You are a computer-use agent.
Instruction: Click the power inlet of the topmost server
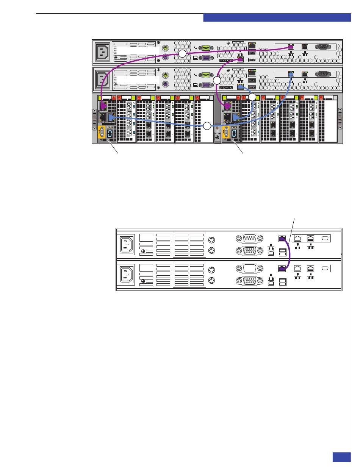click(x=103, y=52)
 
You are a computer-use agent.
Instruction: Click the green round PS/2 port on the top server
click(x=165, y=48)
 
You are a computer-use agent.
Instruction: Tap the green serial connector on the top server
click(x=206, y=48)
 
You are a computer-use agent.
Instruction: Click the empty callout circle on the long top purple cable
click(x=182, y=54)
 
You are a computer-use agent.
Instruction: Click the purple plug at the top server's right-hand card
click(x=291, y=47)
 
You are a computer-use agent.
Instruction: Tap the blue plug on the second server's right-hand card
click(x=291, y=75)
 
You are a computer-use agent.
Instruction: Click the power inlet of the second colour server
click(x=103, y=80)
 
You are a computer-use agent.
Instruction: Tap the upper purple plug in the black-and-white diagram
click(x=282, y=239)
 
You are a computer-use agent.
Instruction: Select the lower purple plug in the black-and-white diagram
click(x=282, y=269)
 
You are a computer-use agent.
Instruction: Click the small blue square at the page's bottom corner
click(x=342, y=457)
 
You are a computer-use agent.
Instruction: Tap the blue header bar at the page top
click(x=277, y=17)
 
